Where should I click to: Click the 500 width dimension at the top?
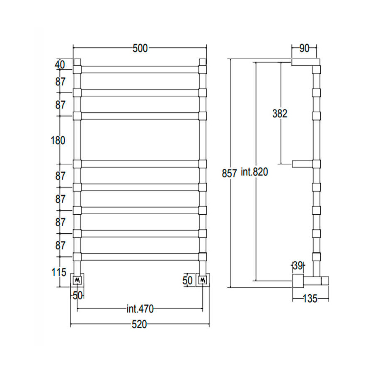(140, 48)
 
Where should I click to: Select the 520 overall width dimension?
(139, 325)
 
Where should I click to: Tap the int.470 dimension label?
(140, 309)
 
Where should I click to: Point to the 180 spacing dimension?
(58, 140)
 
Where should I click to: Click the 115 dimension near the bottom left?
(59, 272)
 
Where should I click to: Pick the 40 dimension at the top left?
(60, 65)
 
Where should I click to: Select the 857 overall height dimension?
(229, 173)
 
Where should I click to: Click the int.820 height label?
(254, 172)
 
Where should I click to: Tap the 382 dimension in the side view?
(280, 114)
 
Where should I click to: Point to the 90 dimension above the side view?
(304, 48)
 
